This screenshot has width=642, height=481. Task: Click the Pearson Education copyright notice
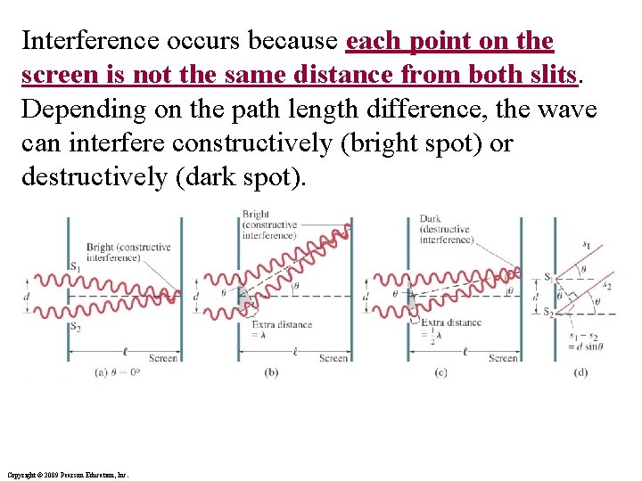tap(67, 475)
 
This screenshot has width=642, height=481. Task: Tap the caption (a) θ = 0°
tap(119, 372)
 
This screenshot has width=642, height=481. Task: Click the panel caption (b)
tap(271, 372)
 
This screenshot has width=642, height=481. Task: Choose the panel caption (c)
tap(440, 372)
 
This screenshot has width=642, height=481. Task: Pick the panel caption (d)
tap(580, 372)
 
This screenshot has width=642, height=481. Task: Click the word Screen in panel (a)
tap(162, 358)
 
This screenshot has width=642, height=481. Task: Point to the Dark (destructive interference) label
tap(446, 229)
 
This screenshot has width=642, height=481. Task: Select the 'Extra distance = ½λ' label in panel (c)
tap(450, 330)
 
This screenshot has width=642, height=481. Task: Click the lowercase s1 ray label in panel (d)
tap(586, 244)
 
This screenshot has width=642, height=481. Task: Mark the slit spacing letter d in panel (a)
tap(27, 296)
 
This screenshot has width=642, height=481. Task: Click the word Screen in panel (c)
tap(503, 358)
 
